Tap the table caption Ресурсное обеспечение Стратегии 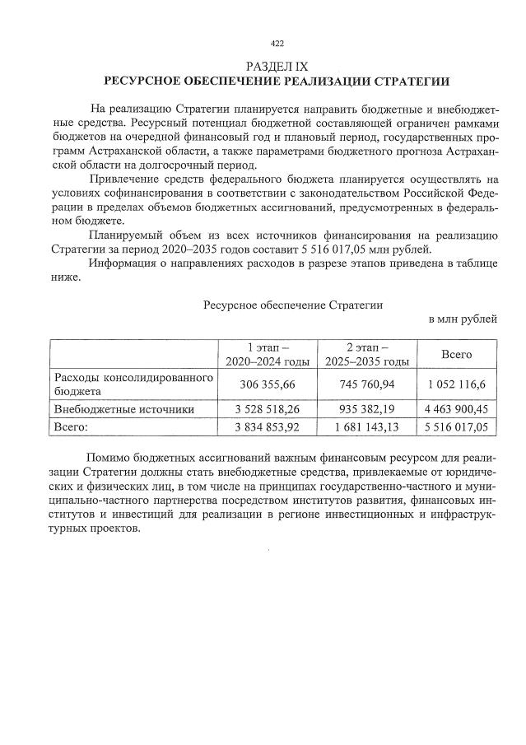coord(292,304)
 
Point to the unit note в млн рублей coord(462,319)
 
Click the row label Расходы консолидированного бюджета coord(133,384)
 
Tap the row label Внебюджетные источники coord(123,408)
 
